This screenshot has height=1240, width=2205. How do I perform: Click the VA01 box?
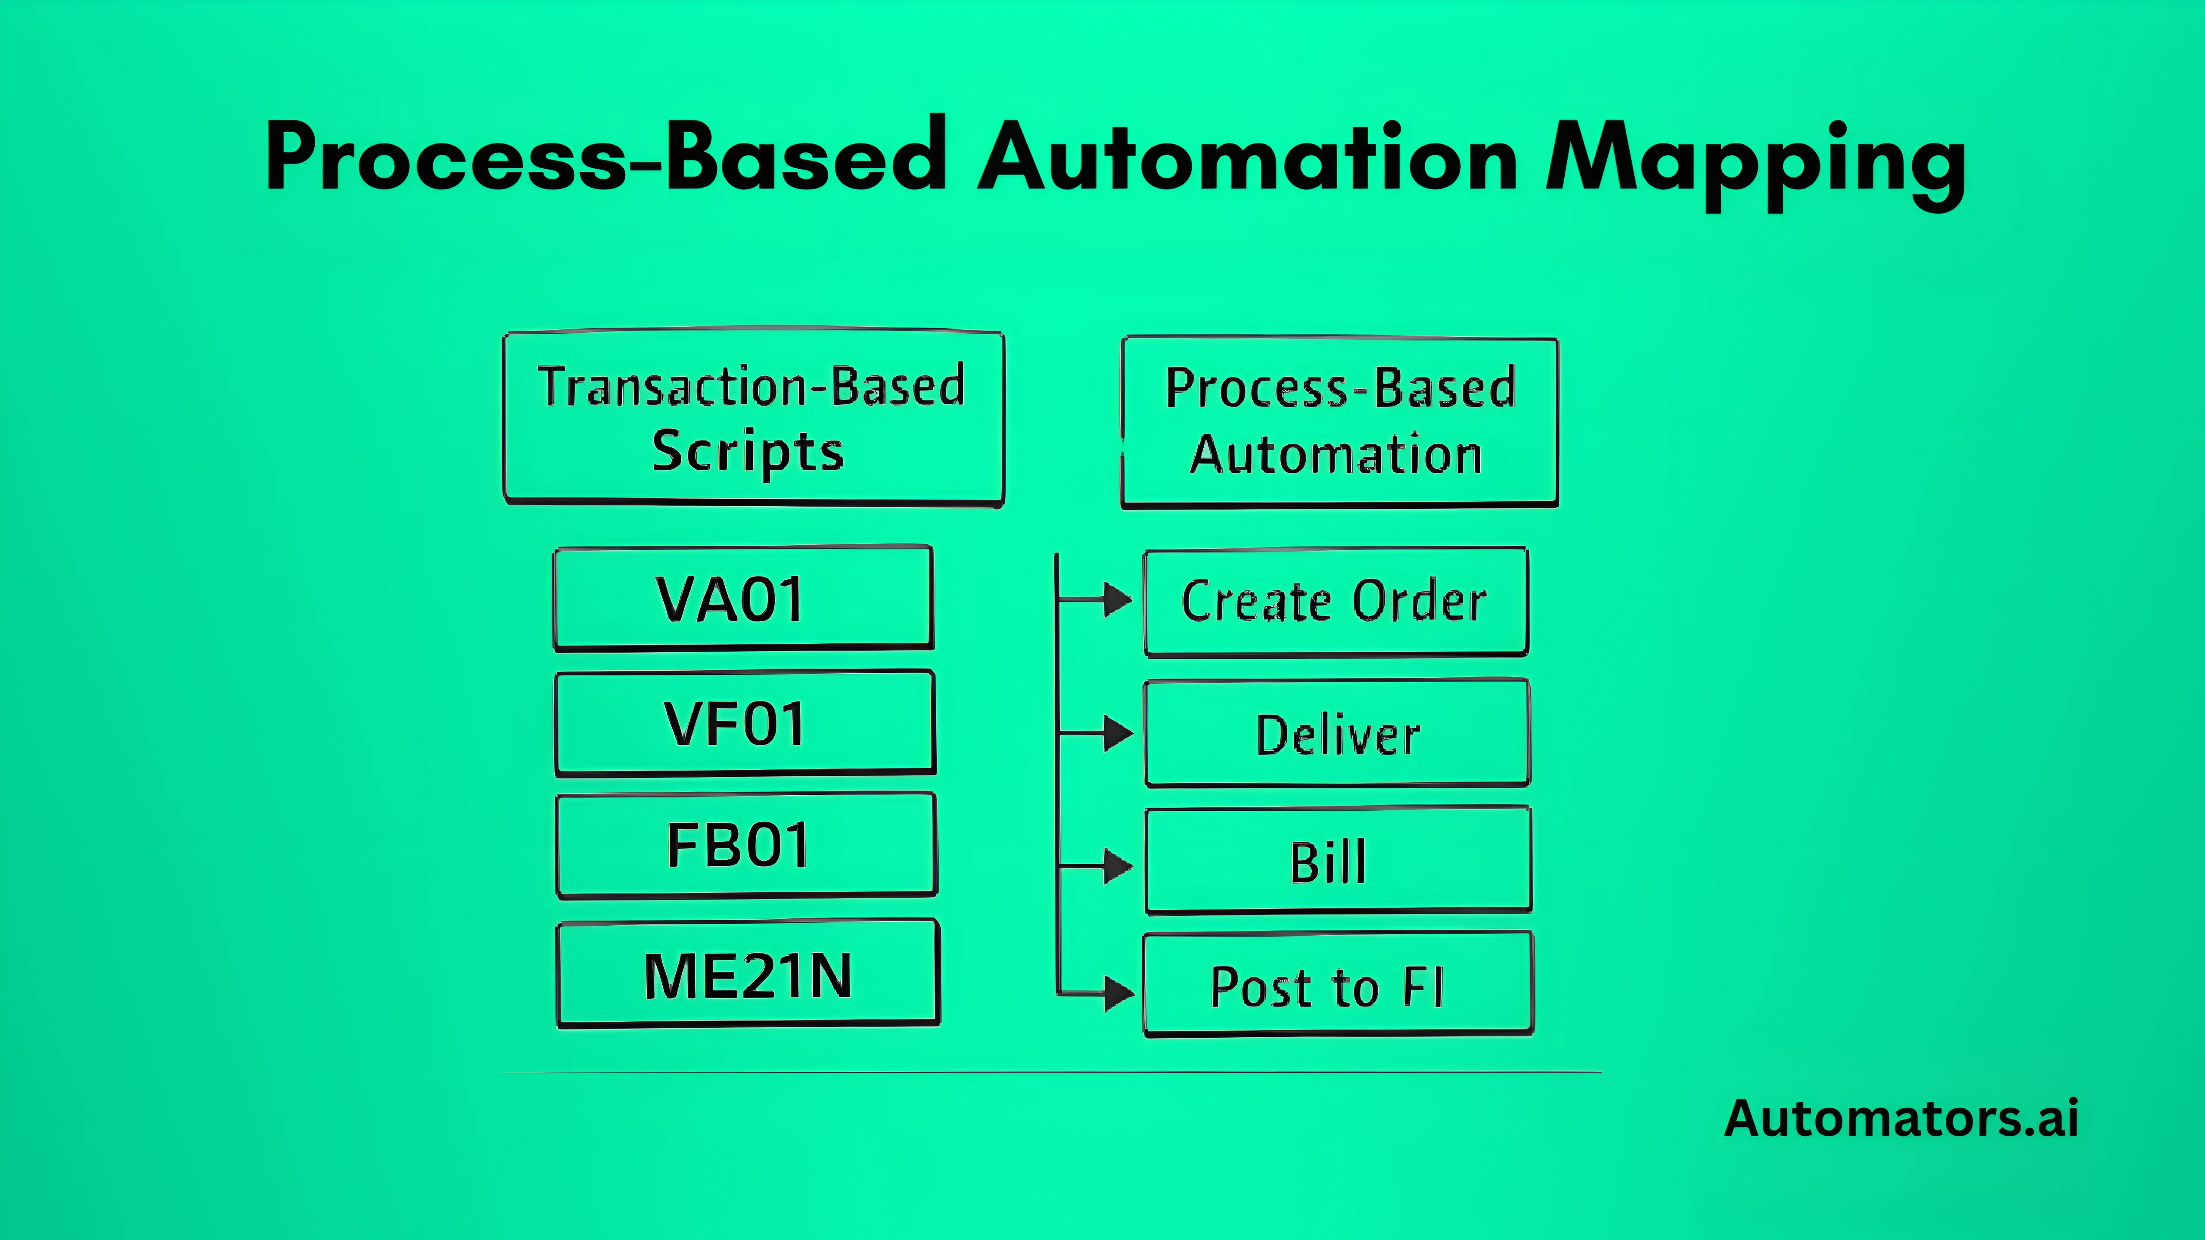tap(743, 599)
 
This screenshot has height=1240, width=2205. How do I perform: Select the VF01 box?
tap(745, 724)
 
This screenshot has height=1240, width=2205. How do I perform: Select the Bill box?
tap(1338, 861)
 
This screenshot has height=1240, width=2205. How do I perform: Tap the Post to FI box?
tap(1338, 986)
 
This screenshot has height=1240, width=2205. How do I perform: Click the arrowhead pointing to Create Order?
tap(1117, 600)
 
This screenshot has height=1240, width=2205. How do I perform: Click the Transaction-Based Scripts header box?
tap(753, 418)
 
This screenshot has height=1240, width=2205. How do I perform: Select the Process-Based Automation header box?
tap(1340, 422)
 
